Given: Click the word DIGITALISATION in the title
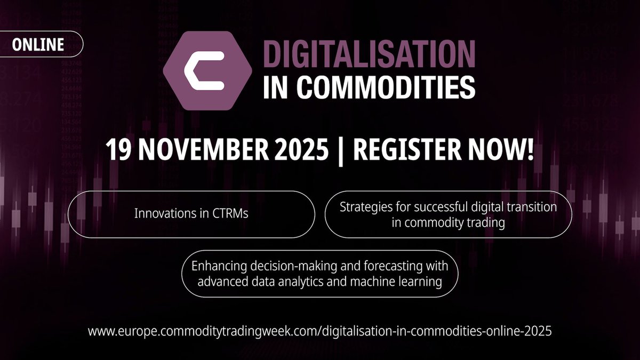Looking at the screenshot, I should (369, 55).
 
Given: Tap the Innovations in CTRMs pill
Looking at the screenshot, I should (191, 214).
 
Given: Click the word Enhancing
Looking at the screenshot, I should (217, 265).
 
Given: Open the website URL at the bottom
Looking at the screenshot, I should (319, 331).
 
